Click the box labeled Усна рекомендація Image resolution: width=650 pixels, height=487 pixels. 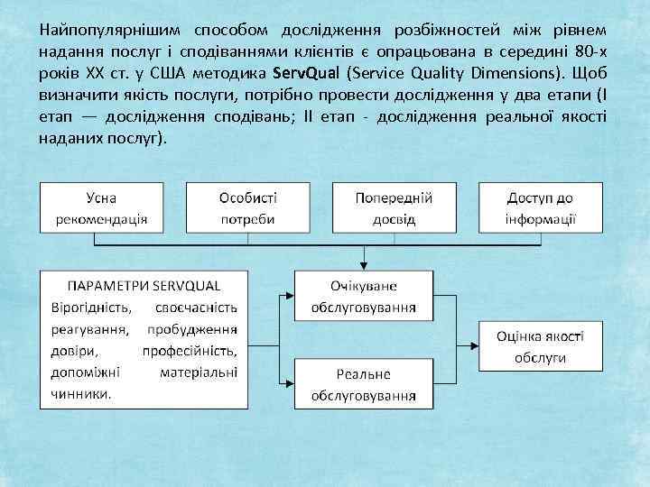point(101,208)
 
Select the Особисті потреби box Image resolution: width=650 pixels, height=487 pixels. point(248,208)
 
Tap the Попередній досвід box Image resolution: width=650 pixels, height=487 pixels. point(395,208)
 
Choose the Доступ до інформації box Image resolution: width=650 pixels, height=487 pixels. point(541,208)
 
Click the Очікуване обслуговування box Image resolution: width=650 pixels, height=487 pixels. point(363,296)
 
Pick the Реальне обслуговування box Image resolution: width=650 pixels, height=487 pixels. point(363,383)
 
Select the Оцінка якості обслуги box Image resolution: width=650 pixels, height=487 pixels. point(541,345)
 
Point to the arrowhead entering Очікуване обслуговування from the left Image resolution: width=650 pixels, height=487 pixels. point(290,296)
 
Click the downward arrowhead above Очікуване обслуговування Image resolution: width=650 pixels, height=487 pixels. point(363,265)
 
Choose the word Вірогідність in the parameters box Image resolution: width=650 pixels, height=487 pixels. point(89,308)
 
